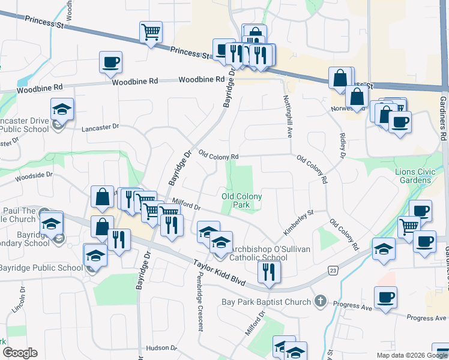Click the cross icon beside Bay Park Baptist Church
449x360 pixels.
click(x=321, y=301)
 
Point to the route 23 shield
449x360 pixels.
click(x=333, y=271)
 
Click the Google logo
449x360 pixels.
click(x=20, y=353)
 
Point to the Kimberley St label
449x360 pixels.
click(x=299, y=221)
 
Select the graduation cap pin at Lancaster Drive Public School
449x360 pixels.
click(x=62, y=109)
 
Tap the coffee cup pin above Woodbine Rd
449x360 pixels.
click(x=111, y=62)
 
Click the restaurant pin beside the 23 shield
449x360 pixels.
click(x=268, y=272)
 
